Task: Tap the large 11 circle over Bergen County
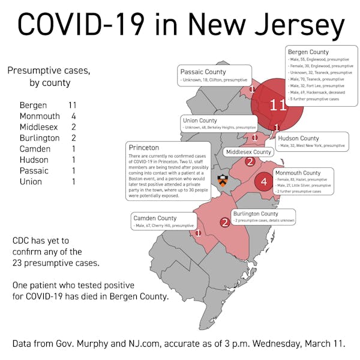click(277, 105)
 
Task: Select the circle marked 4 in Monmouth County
click(263, 181)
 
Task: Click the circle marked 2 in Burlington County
click(224, 223)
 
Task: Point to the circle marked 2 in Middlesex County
click(250, 161)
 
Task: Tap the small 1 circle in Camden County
click(198, 233)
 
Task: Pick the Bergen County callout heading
click(308, 52)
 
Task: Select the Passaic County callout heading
click(203, 72)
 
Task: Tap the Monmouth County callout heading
click(298, 173)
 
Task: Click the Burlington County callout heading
click(256, 214)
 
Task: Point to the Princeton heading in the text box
click(144, 148)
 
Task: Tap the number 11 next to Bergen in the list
click(73, 105)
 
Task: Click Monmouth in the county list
click(40, 116)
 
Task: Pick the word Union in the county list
click(31, 181)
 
